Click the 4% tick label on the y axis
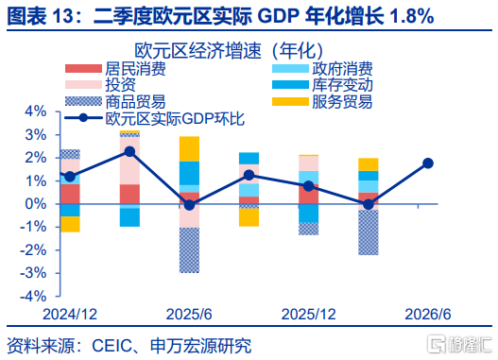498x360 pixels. tap(36, 111)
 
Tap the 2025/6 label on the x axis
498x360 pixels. tap(189, 315)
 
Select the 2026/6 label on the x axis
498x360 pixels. tap(428, 315)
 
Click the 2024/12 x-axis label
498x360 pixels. tap(70, 315)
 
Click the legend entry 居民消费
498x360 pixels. tap(115, 69)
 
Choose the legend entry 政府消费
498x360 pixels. tap(322, 69)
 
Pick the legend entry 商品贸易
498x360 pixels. tap(115, 102)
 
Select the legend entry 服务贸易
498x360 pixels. tap(322, 102)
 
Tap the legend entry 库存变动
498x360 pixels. tap(322, 85)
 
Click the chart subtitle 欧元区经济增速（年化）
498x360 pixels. tap(229, 50)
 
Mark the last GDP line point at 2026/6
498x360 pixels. tap(428, 163)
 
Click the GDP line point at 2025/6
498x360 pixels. tap(189, 205)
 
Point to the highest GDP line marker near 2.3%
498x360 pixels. tap(129, 151)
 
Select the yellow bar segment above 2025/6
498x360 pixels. tap(189, 149)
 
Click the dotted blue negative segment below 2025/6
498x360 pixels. tap(189, 250)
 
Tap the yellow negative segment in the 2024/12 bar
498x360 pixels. tap(70, 224)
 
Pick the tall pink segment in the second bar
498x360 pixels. tap(129, 161)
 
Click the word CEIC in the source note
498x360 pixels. tap(112, 346)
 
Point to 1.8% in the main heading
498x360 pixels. tap(412, 16)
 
